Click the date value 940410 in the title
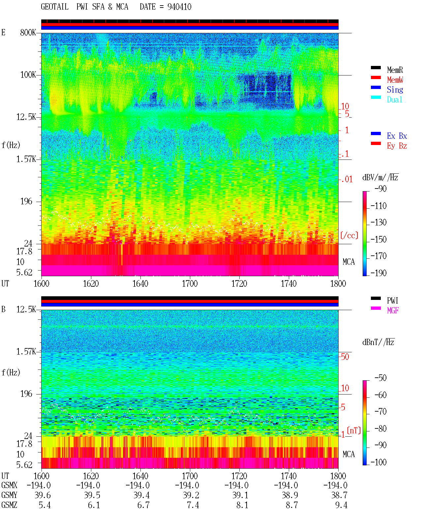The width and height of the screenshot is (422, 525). point(179,7)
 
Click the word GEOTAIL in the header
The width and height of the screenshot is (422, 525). point(55,7)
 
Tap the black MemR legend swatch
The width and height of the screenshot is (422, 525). point(376,68)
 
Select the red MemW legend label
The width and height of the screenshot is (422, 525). point(395,80)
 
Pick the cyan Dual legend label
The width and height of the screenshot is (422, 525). point(394,100)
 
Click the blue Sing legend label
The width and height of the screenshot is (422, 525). point(395,90)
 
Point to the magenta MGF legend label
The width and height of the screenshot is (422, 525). point(393,310)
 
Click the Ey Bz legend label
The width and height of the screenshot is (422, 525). point(397,146)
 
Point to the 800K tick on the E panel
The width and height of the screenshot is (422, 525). point(28,32)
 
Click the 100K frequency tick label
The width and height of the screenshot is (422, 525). point(28,75)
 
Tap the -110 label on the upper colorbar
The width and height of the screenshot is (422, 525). point(378,206)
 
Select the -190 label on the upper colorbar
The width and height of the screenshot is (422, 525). point(378,273)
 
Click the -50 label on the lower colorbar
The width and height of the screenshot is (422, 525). point(380,378)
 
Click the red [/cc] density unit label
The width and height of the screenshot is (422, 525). point(349,235)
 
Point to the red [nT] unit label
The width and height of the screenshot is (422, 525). point(354,430)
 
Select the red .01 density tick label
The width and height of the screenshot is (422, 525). point(347,180)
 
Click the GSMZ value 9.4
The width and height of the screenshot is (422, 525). point(341,505)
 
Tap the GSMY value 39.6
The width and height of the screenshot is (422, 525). point(43,495)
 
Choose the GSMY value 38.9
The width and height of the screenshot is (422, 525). point(290,495)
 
